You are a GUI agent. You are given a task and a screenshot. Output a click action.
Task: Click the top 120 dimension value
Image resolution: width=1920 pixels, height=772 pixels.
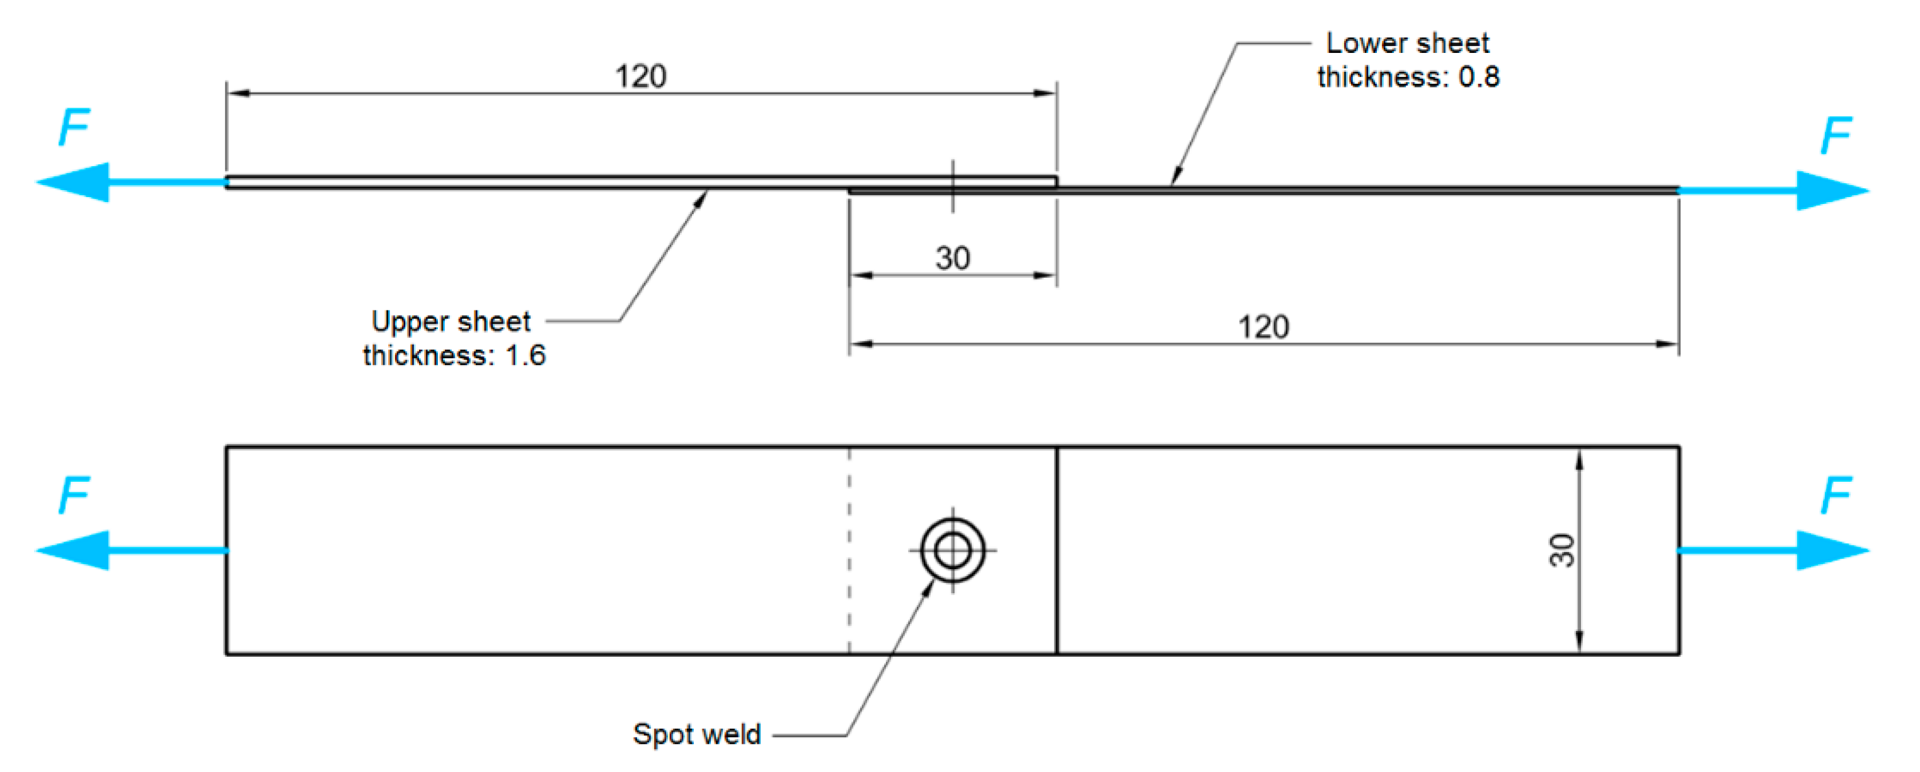(640, 76)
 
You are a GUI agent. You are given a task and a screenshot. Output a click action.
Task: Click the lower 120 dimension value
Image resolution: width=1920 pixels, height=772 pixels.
(1263, 327)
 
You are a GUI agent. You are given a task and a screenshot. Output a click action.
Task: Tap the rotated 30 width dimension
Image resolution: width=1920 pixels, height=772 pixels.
(1561, 551)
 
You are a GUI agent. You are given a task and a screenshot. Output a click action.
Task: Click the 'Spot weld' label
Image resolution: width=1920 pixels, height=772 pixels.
(696, 734)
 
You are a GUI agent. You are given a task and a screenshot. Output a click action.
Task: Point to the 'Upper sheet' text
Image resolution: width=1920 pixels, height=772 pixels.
(451, 321)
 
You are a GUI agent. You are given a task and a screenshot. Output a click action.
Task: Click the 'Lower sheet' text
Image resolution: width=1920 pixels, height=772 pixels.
(1406, 43)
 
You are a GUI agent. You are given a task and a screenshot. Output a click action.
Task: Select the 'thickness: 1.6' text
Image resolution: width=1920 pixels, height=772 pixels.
(454, 355)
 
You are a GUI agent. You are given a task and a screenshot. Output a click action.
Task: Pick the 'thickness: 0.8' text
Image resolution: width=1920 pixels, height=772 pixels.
(1407, 77)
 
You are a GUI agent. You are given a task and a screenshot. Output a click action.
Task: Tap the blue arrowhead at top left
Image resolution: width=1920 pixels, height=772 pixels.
(74, 182)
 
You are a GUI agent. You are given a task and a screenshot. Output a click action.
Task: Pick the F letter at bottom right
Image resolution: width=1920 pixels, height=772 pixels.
(1835, 495)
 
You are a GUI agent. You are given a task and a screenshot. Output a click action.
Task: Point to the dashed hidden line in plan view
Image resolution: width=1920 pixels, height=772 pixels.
(849, 552)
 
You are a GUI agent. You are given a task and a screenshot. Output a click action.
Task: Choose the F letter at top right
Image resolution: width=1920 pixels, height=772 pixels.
(1835, 135)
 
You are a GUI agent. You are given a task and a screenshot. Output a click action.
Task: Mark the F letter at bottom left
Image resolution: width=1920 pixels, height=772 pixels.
(74, 495)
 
